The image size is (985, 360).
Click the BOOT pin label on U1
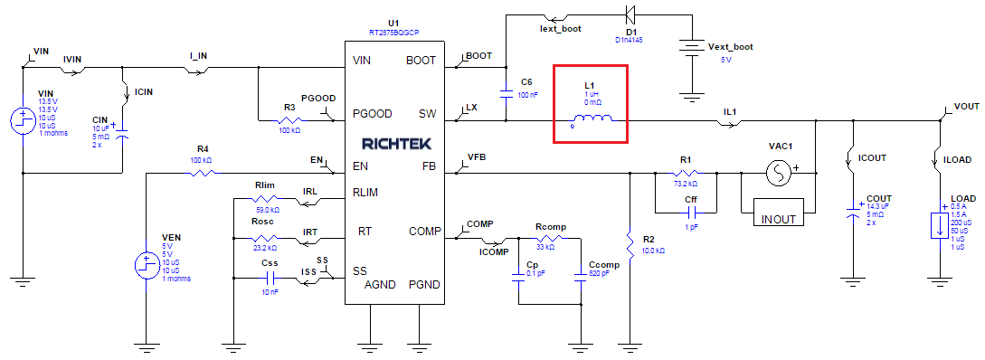421,61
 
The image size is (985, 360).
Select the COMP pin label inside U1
423,231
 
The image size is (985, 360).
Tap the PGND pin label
423,285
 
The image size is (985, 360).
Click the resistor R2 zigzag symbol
630,242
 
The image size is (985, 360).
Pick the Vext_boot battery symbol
692,51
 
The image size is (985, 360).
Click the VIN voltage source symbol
21,118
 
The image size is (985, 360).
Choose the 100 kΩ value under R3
289,131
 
